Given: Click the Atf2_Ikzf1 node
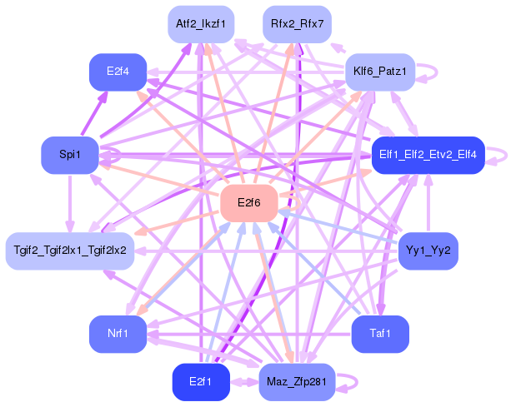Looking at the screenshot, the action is (201, 24).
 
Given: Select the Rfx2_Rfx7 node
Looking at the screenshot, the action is (298, 24).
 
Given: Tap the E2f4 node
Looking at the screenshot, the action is (118, 72).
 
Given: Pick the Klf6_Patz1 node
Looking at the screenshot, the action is (380, 72).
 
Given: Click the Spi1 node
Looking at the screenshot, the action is (70, 155).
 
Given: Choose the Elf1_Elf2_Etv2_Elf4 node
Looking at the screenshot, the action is (428, 155).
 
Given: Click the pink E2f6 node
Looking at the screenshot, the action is (249, 203).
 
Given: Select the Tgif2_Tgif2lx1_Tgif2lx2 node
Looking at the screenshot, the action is (70, 251).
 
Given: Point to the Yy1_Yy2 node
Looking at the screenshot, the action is (428, 251).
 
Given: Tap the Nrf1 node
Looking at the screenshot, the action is (118, 334).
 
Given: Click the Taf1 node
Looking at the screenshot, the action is (380, 334).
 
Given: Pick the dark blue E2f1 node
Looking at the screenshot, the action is (201, 382).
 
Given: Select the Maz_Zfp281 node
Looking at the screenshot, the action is (298, 382).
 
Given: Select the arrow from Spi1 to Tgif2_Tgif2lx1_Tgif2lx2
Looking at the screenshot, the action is (70, 204).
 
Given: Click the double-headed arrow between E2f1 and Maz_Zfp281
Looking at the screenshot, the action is (244, 382).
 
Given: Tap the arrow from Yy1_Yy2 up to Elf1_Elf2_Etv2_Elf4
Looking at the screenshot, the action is (428, 203).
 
